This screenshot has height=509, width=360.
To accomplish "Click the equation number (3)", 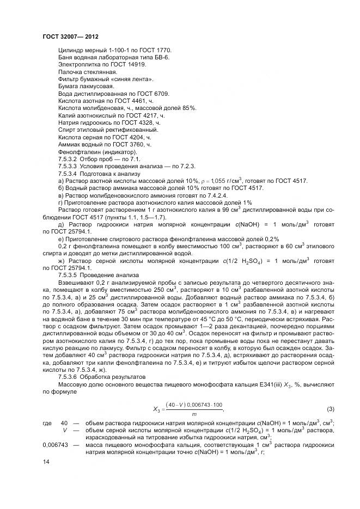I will tap(330, 408).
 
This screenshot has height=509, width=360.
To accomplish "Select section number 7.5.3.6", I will tap(68, 376).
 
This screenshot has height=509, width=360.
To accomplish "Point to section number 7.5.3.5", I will tap(68, 275).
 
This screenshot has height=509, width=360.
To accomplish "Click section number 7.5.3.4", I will tap(68, 173).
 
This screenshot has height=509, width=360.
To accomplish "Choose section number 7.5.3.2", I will tap(68, 158).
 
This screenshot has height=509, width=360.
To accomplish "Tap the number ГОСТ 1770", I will tap(133, 50).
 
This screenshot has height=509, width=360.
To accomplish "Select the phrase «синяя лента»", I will tap(131, 79).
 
